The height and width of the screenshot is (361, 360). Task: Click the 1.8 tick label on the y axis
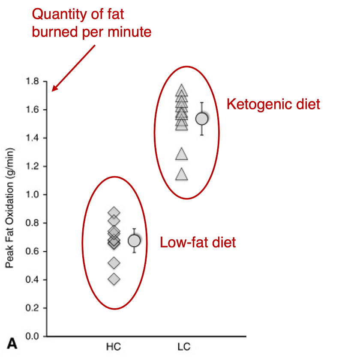32,81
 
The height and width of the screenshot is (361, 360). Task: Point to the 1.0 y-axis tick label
32,195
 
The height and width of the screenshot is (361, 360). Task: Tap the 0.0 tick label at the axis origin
32,337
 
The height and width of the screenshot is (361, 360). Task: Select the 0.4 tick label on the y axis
32,280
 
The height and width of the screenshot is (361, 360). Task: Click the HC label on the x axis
114,347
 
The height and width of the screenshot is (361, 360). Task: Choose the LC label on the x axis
184,347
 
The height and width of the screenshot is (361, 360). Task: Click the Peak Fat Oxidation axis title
10,208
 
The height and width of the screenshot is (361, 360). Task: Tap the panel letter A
12,343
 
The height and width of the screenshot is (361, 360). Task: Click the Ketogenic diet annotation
273,104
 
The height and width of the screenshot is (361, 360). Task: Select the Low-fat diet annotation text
198,242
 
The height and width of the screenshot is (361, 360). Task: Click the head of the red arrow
52,91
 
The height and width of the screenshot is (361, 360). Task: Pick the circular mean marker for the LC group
202,119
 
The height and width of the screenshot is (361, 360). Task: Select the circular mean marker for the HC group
134,241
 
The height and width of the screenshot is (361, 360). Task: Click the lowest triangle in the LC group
182,174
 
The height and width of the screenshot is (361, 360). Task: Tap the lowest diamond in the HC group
114,279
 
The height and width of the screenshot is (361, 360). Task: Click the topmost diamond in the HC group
114,212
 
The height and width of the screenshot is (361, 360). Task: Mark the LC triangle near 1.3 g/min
182,154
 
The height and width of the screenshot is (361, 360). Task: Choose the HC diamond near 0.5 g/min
114,263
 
